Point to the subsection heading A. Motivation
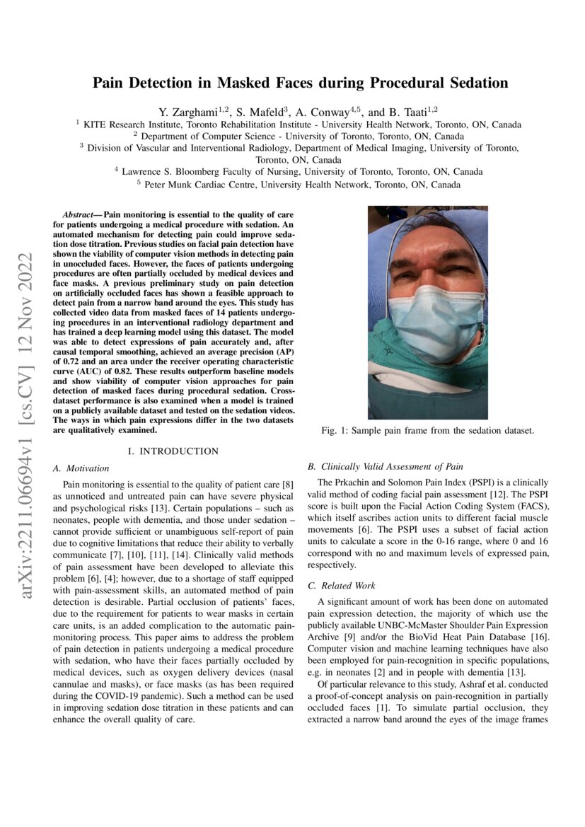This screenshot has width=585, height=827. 81,468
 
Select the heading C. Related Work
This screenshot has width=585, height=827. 342,586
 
